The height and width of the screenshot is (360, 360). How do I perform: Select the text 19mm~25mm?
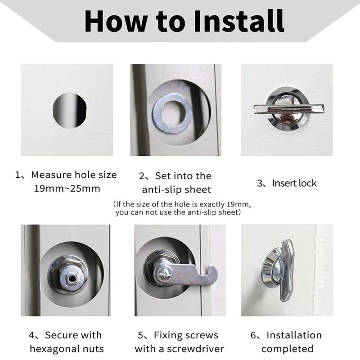[x=67, y=189]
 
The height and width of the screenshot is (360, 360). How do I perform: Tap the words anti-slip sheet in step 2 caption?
[x=176, y=189]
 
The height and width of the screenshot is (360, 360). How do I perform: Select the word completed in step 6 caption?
[x=287, y=349]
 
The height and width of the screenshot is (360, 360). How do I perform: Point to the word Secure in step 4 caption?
[x=63, y=335]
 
